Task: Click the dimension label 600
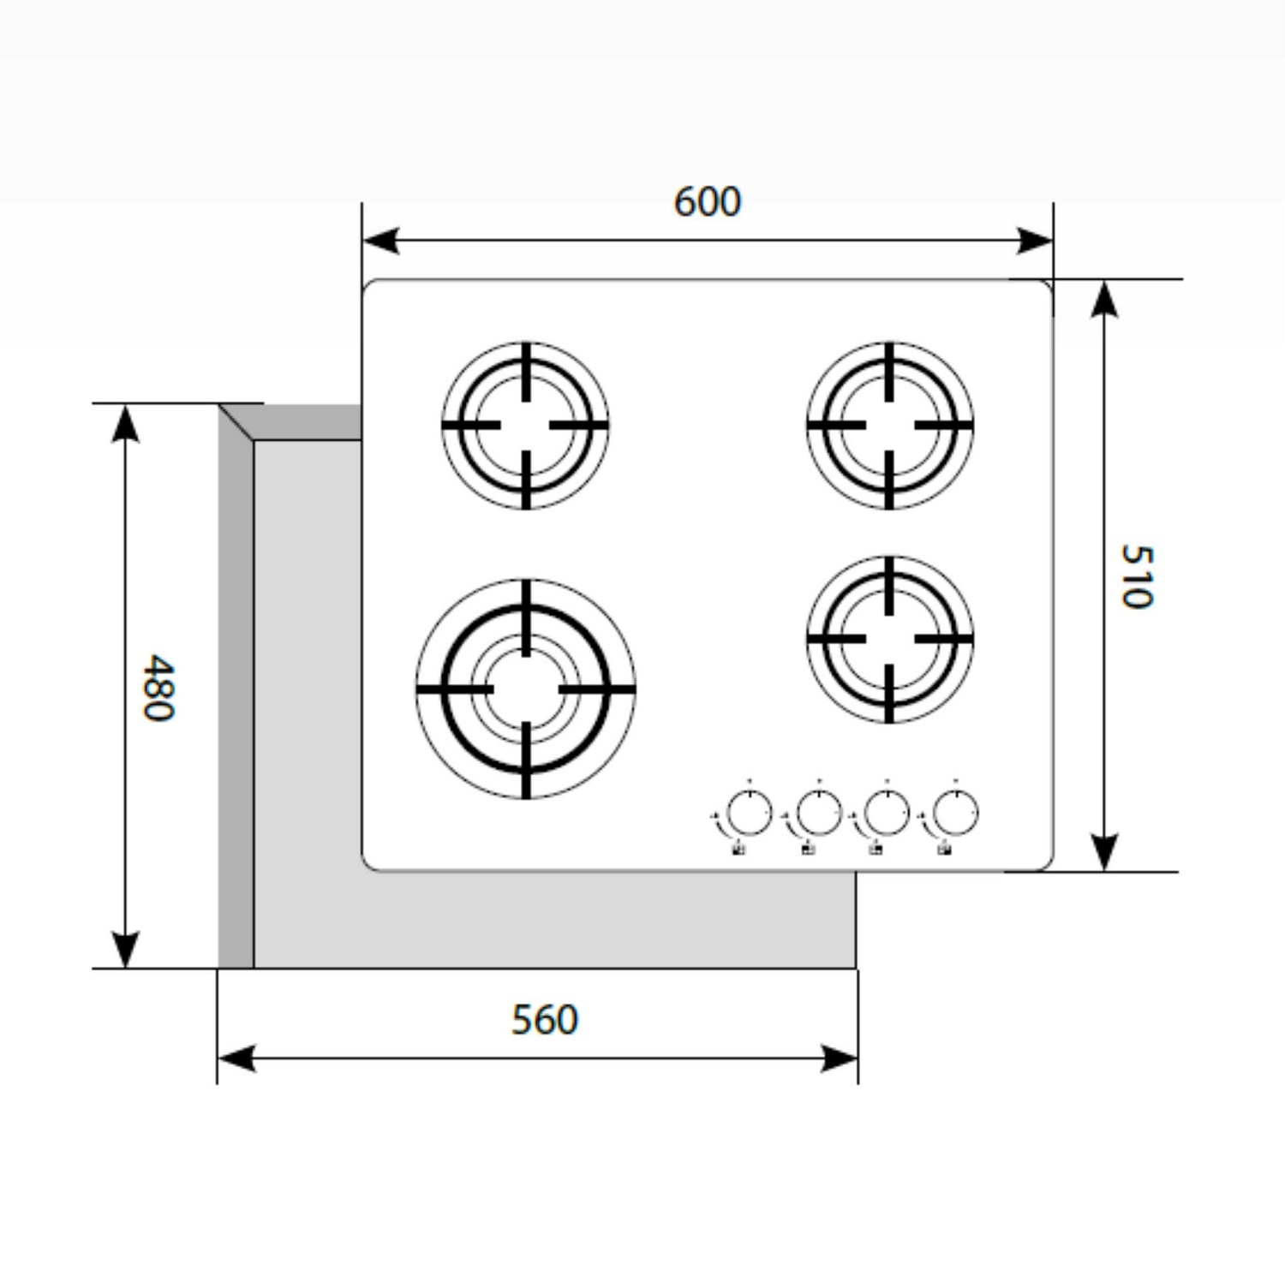click(707, 202)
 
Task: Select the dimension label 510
click(1137, 576)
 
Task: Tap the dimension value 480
click(158, 688)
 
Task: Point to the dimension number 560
click(545, 1019)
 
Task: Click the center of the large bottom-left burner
click(526, 689)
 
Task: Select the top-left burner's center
click(526, 425)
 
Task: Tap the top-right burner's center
click(890, 425)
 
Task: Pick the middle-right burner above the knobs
click(890, 639)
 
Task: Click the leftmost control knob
click(750, 812)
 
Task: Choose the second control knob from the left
click(819, 812)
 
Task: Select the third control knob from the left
click(887, 812)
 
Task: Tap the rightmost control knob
click(955, 812)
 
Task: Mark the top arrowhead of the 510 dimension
click(1104, 298)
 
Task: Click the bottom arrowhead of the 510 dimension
click(1104, 853)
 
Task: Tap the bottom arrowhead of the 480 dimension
click(125, 950)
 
